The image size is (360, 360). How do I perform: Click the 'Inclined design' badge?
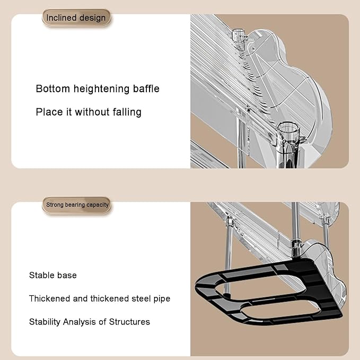[76, 17]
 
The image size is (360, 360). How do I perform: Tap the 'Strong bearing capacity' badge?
[77, 205]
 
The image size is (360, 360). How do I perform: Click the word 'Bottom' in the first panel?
[53, 89]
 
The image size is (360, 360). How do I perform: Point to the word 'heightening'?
[101, 89]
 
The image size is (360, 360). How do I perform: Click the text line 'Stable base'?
[53, 275]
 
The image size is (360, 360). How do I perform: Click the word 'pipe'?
[162, 299]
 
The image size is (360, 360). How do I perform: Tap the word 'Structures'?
[129, 322]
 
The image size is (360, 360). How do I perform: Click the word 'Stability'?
[45, 322]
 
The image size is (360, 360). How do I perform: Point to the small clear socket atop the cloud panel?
[239, 36]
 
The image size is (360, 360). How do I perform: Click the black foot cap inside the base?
[227, 296]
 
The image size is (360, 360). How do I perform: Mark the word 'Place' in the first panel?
[49, 112]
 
